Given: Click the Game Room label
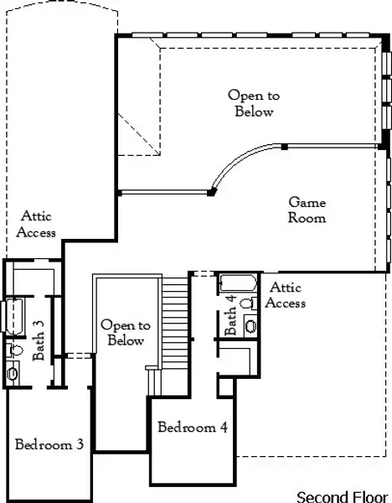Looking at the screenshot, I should click(307, 210).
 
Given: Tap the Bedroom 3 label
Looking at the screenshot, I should click(49, 443).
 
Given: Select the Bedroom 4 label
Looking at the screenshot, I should click(193, 427).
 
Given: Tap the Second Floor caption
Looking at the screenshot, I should click(343, 495).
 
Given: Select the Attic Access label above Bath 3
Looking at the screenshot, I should click(39, 224).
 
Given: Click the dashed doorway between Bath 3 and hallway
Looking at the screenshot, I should click(77, 355).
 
